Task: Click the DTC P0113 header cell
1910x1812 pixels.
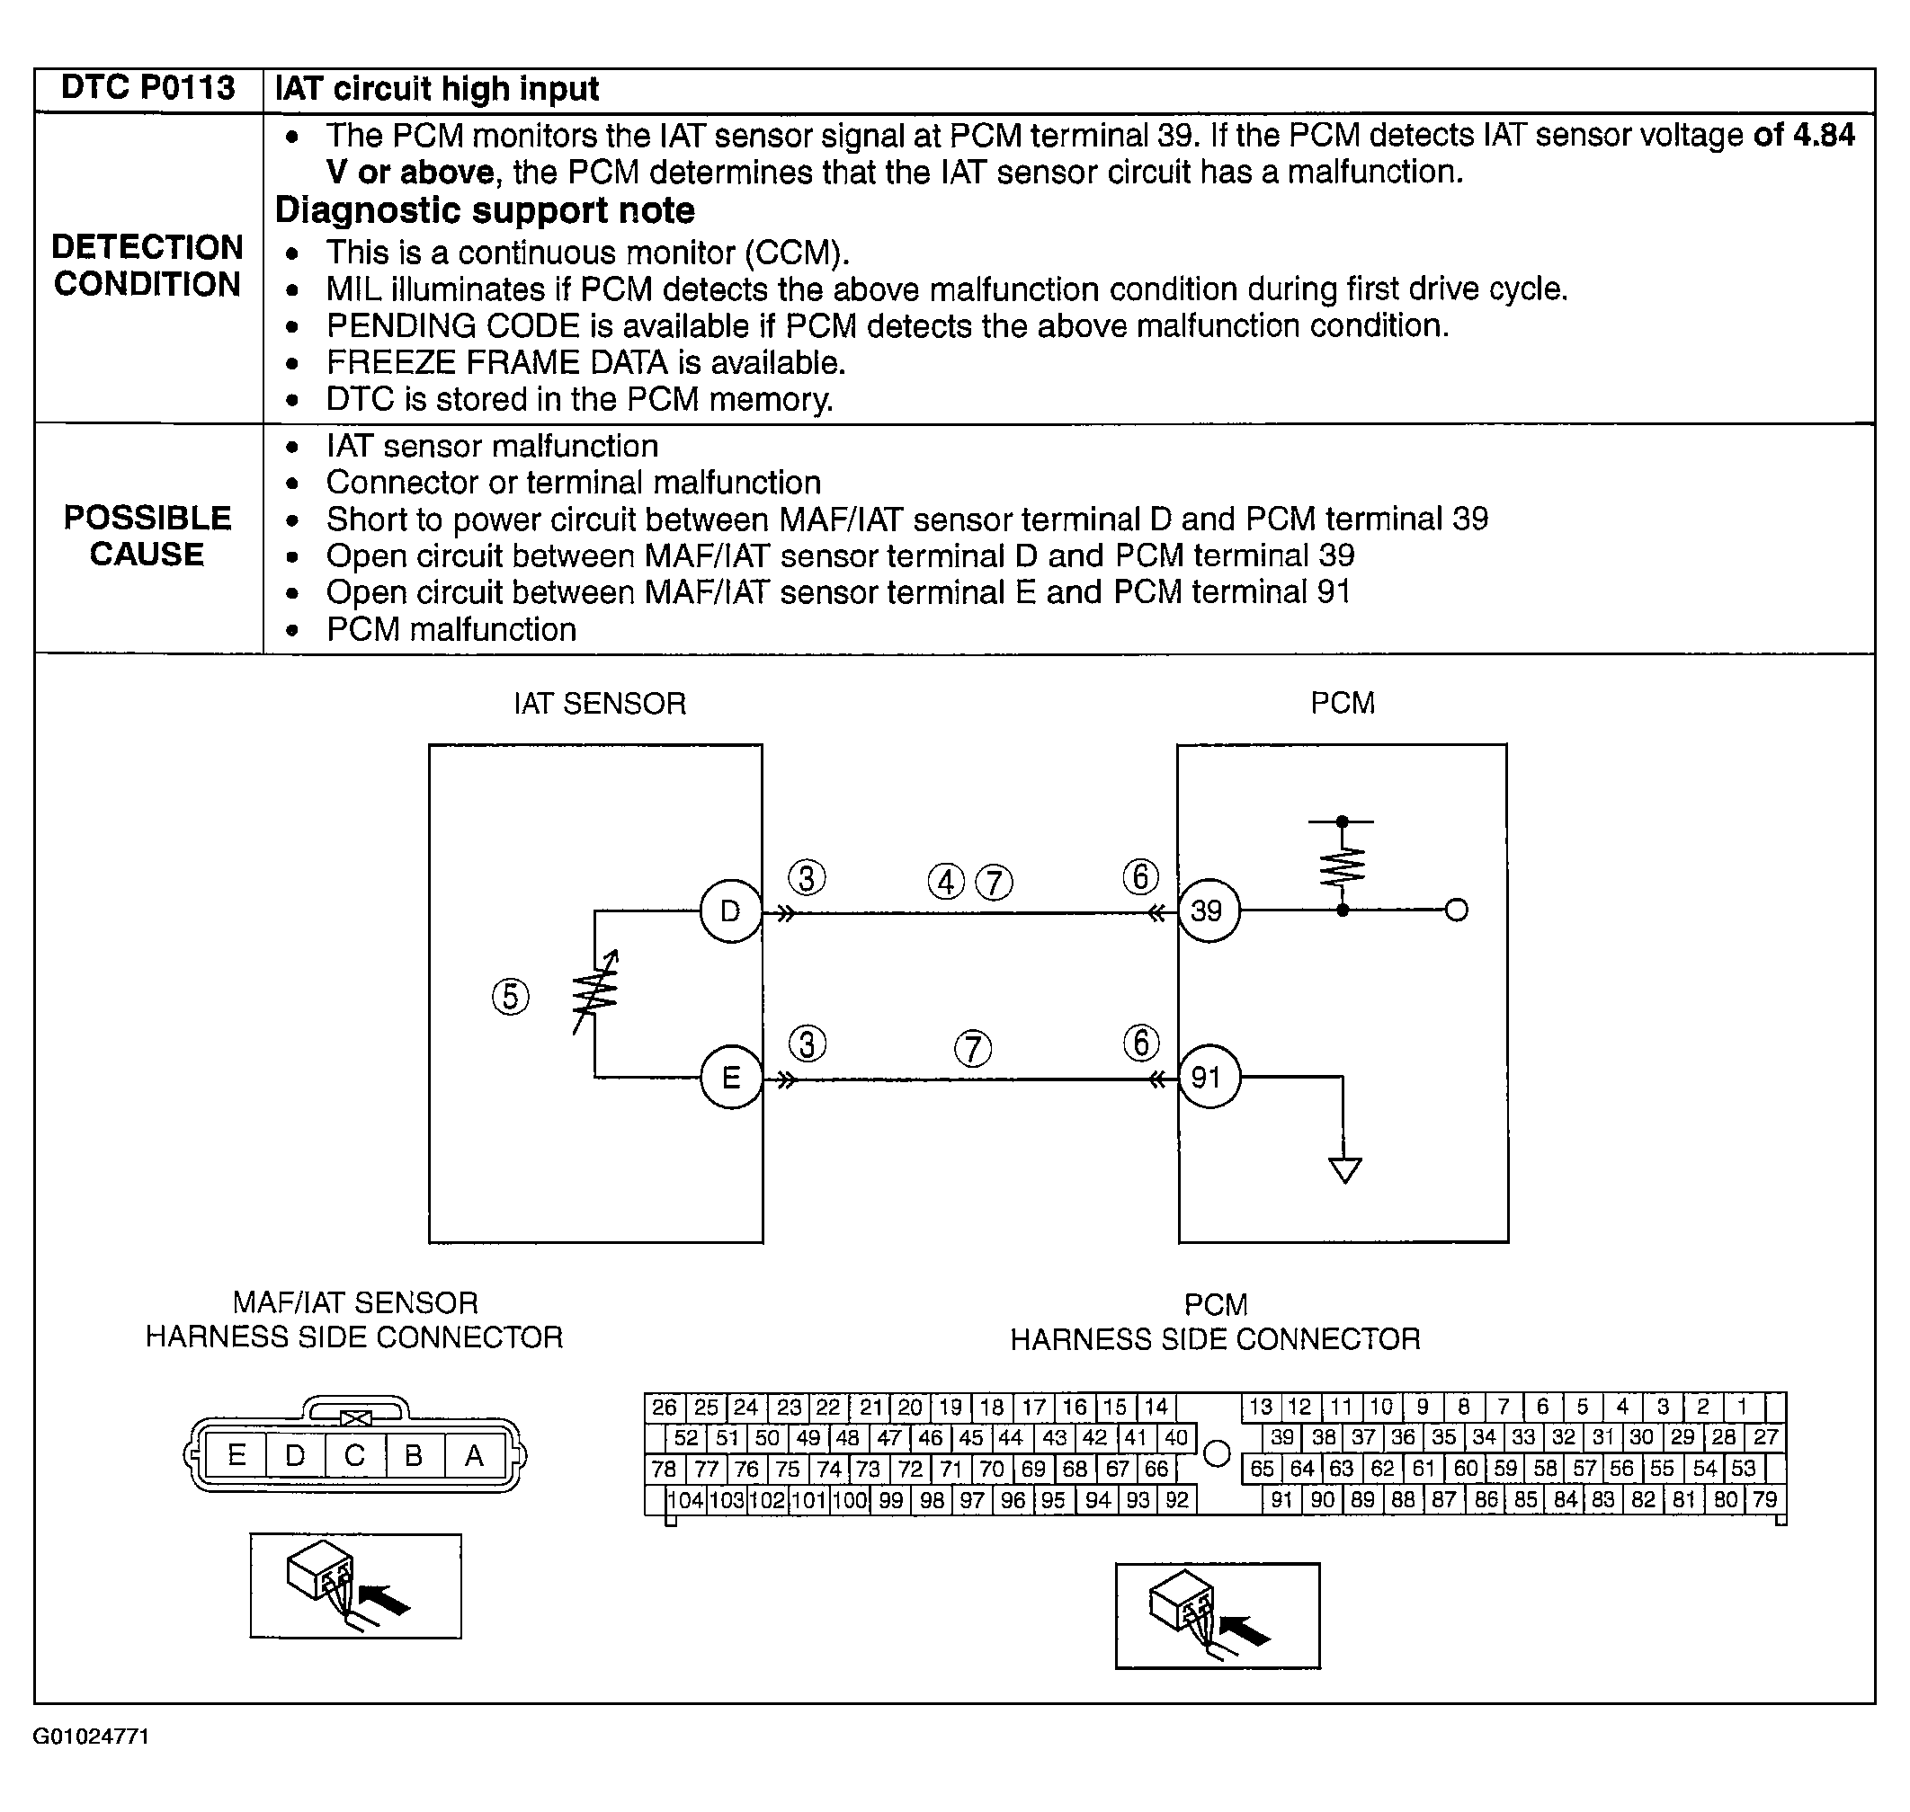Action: point(147,89)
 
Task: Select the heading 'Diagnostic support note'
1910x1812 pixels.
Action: point(485,210)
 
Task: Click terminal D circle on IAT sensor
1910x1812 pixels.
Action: point(730,910)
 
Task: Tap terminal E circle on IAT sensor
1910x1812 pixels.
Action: point(730,1077)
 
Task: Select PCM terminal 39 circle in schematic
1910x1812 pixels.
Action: point(1208,910)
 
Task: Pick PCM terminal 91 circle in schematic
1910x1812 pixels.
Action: point(1208,1077)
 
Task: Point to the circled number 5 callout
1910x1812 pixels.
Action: point(510,997)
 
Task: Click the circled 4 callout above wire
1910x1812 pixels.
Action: point(946,882)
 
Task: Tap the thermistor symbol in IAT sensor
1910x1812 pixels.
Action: point(595,993)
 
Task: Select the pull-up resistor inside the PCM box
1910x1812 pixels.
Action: point(1342,866)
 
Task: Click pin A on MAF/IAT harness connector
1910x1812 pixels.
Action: point(473,1455)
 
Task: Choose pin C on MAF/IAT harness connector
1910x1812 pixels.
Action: point(354,1455)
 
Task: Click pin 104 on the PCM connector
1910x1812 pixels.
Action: point(686,1500)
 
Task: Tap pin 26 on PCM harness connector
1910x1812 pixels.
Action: point(665,1408)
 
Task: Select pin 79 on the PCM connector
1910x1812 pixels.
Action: point(1764,1500)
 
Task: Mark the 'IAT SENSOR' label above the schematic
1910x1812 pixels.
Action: point(599,703)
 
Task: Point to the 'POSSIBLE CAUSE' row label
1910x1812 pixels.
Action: point(147,536)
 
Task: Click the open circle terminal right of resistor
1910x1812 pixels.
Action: point(1456,910)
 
